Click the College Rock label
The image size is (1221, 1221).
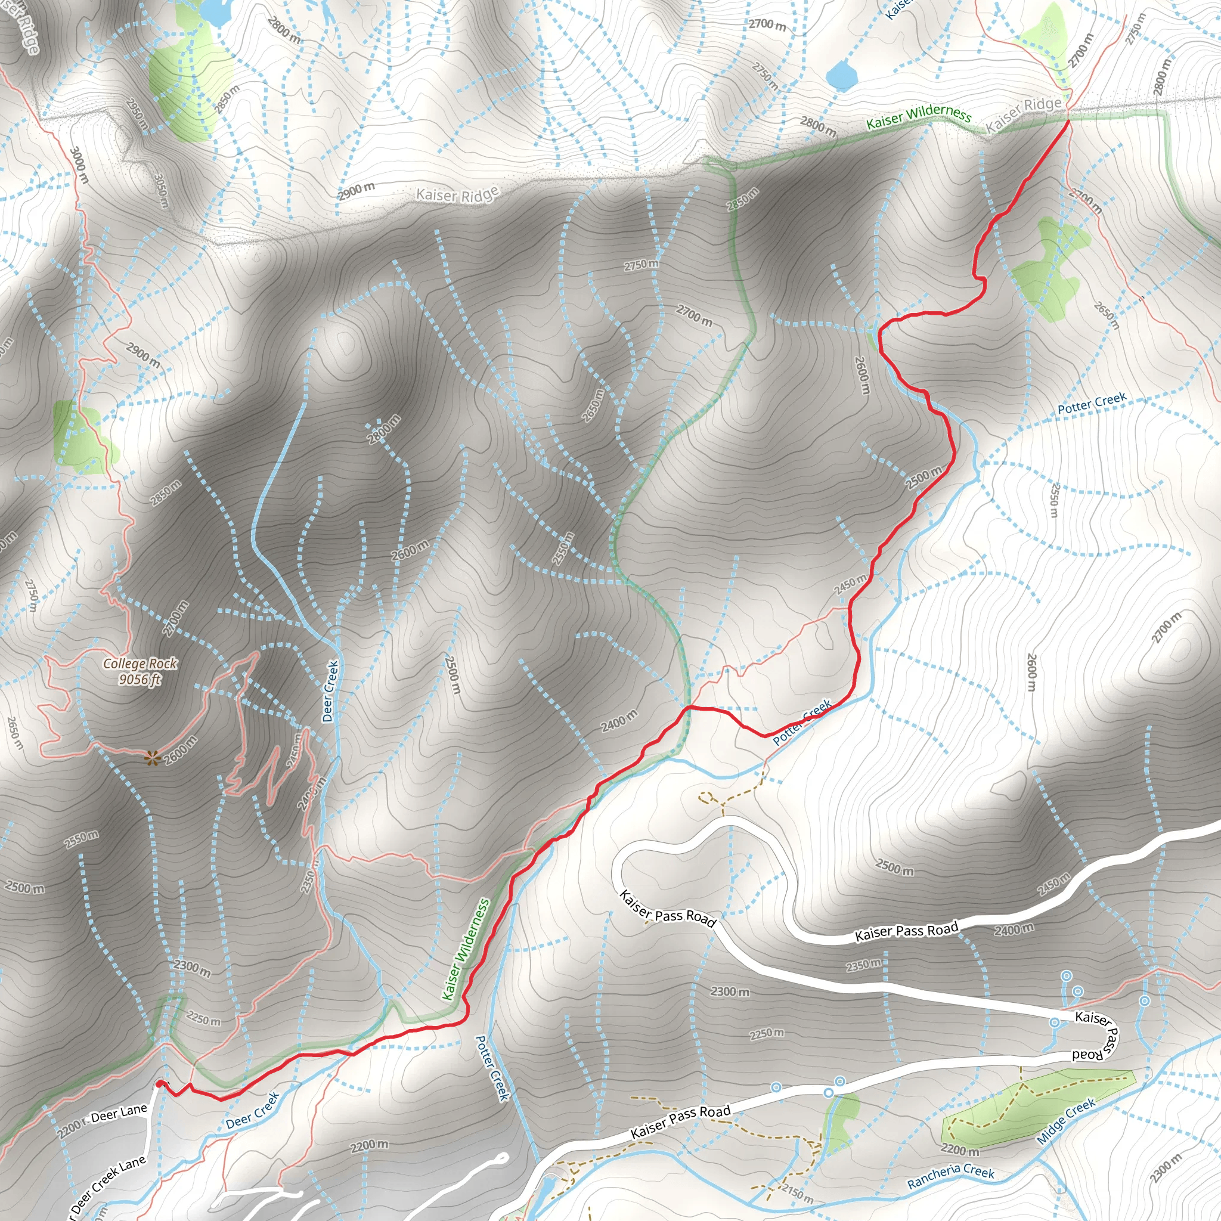(140, 664)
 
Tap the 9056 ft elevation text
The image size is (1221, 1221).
(140, 680)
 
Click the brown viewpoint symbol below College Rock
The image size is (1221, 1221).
(151, 758)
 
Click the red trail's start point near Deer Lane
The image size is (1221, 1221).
(159, 1083)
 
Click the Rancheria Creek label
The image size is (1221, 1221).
(950, 1176)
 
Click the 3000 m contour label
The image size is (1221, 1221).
(78, 165)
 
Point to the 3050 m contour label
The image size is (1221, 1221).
(161, 190)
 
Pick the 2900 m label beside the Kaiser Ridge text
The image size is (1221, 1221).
(356, 191)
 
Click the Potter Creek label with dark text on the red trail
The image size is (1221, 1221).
(802, 722)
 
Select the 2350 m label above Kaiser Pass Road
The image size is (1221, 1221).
(863, 966)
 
